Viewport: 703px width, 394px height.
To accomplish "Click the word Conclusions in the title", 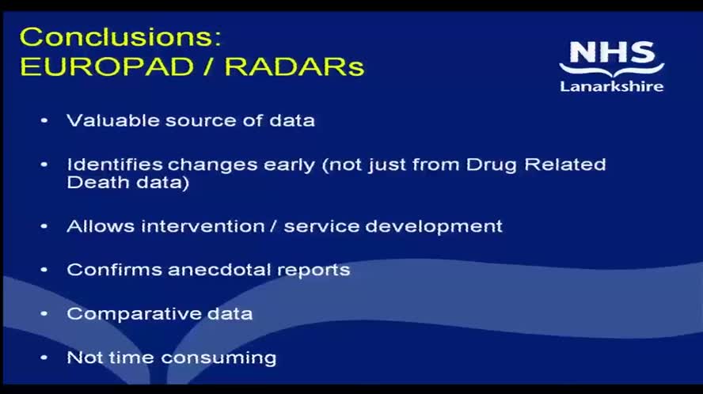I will [x=119, y=37].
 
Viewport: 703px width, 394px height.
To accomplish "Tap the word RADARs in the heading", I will [x=294, y=66].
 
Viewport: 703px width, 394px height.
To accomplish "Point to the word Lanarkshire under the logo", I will [x=611, y=86].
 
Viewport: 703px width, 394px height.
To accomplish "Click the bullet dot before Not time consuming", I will [x=44, y=358].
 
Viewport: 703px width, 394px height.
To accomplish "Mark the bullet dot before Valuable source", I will [x=44, y=121].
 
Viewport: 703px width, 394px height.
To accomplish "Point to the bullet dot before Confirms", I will [x=44, y=270].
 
